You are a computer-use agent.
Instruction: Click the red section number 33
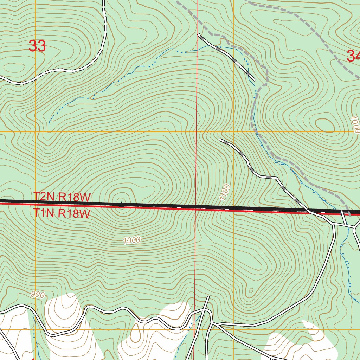pyautogui.click(x=37, y=46)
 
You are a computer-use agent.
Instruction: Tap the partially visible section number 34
pyautogui.click(x=353, y=56)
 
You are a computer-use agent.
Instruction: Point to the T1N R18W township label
pyautogui.click(x=62, y=213)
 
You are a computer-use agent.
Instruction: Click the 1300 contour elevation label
pyautogui.click(x=132, y=240)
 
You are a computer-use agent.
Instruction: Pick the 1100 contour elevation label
pyautogui.click(x=225, y=192)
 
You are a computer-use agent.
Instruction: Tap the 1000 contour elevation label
pyautogui.click(x=355, y=125)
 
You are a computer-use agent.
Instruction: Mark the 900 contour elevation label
pyautogui.click(x=37, y=295)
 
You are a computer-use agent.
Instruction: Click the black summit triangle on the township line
pyautogui.click(x=121, y=204)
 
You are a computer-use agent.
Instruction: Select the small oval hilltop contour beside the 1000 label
pyautogui.click(x=325, y=126)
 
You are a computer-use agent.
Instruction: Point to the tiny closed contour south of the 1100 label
pyautogui.click(x=251, y=290)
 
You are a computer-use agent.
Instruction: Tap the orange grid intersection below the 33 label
pyautogui.click(x=36, y=132)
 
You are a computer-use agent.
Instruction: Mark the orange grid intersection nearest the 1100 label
pyautogui.click(x=233, y=132)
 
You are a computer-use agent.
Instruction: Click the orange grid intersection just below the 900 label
pyautogui.click(x=36, y=329)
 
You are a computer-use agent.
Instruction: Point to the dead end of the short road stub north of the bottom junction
pyautogui.click(x=208, y=297)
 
